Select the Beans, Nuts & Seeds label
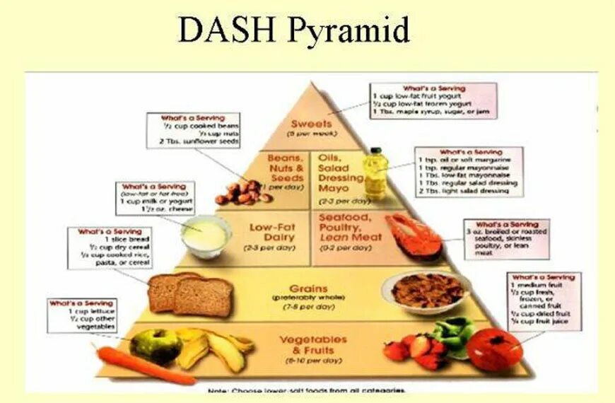[286, 168]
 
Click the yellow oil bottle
[375, 173]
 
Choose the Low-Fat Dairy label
[272, 233]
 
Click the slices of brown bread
[191, 293]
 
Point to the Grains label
[308, 288]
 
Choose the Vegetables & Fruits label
[312, 344]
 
